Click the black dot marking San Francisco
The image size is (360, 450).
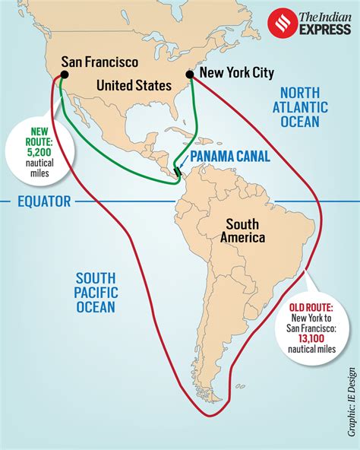coord(65,75)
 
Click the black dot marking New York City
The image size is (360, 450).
coord(190,74)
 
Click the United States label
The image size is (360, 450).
coord(135,85)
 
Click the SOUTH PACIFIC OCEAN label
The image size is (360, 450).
coord(96,292)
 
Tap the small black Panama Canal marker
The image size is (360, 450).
coord(177,173)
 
